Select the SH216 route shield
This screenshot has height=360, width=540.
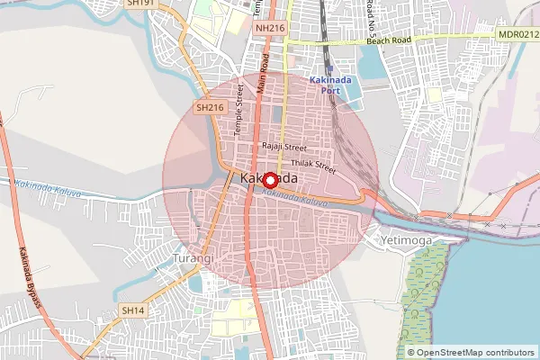[x=209, y=108]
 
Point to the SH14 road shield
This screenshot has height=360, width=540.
[x=132, y=310]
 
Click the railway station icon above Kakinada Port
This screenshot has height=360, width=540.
[x=330, y=68]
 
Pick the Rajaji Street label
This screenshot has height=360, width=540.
[x=284, y=147]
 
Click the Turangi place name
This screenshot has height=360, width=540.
[x=192, y=259]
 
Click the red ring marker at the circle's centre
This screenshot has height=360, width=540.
[x=270, y=180]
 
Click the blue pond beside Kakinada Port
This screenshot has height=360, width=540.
[x=370, y=61]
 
